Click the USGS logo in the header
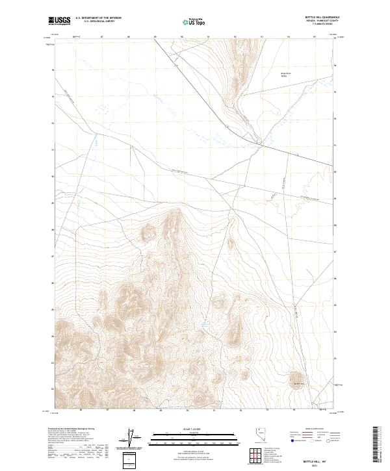coord(59,21)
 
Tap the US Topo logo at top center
coord(194,21)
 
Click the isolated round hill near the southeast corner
coord(297,377)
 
